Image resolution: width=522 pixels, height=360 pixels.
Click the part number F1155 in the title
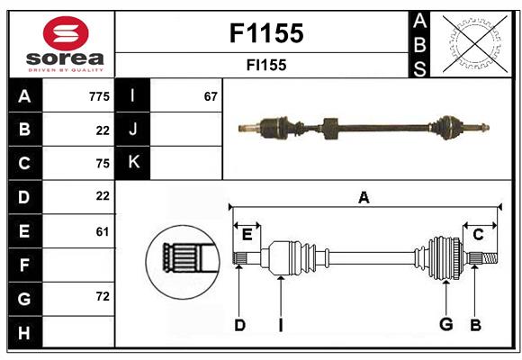click(265, 34)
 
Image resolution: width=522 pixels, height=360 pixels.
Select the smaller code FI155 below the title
click(265, 65)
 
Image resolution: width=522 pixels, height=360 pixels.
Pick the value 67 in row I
click(211, 95)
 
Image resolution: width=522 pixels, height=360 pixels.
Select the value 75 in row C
click(102, 164)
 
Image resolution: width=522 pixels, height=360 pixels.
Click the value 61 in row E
click(102, 231)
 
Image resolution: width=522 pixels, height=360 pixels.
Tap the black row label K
click(133, 163)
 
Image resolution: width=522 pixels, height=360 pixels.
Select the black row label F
click(24, 265)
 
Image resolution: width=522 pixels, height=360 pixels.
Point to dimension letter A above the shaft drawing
click(364, 197)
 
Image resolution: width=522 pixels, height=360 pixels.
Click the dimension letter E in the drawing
click(247, 235)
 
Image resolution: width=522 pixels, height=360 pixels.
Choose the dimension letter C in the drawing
click(478, 234)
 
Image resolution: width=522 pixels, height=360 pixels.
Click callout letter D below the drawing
click(239, 325)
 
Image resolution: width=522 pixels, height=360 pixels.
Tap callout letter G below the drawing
click(445, 325)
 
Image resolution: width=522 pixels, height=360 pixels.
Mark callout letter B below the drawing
click(475, 325)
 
